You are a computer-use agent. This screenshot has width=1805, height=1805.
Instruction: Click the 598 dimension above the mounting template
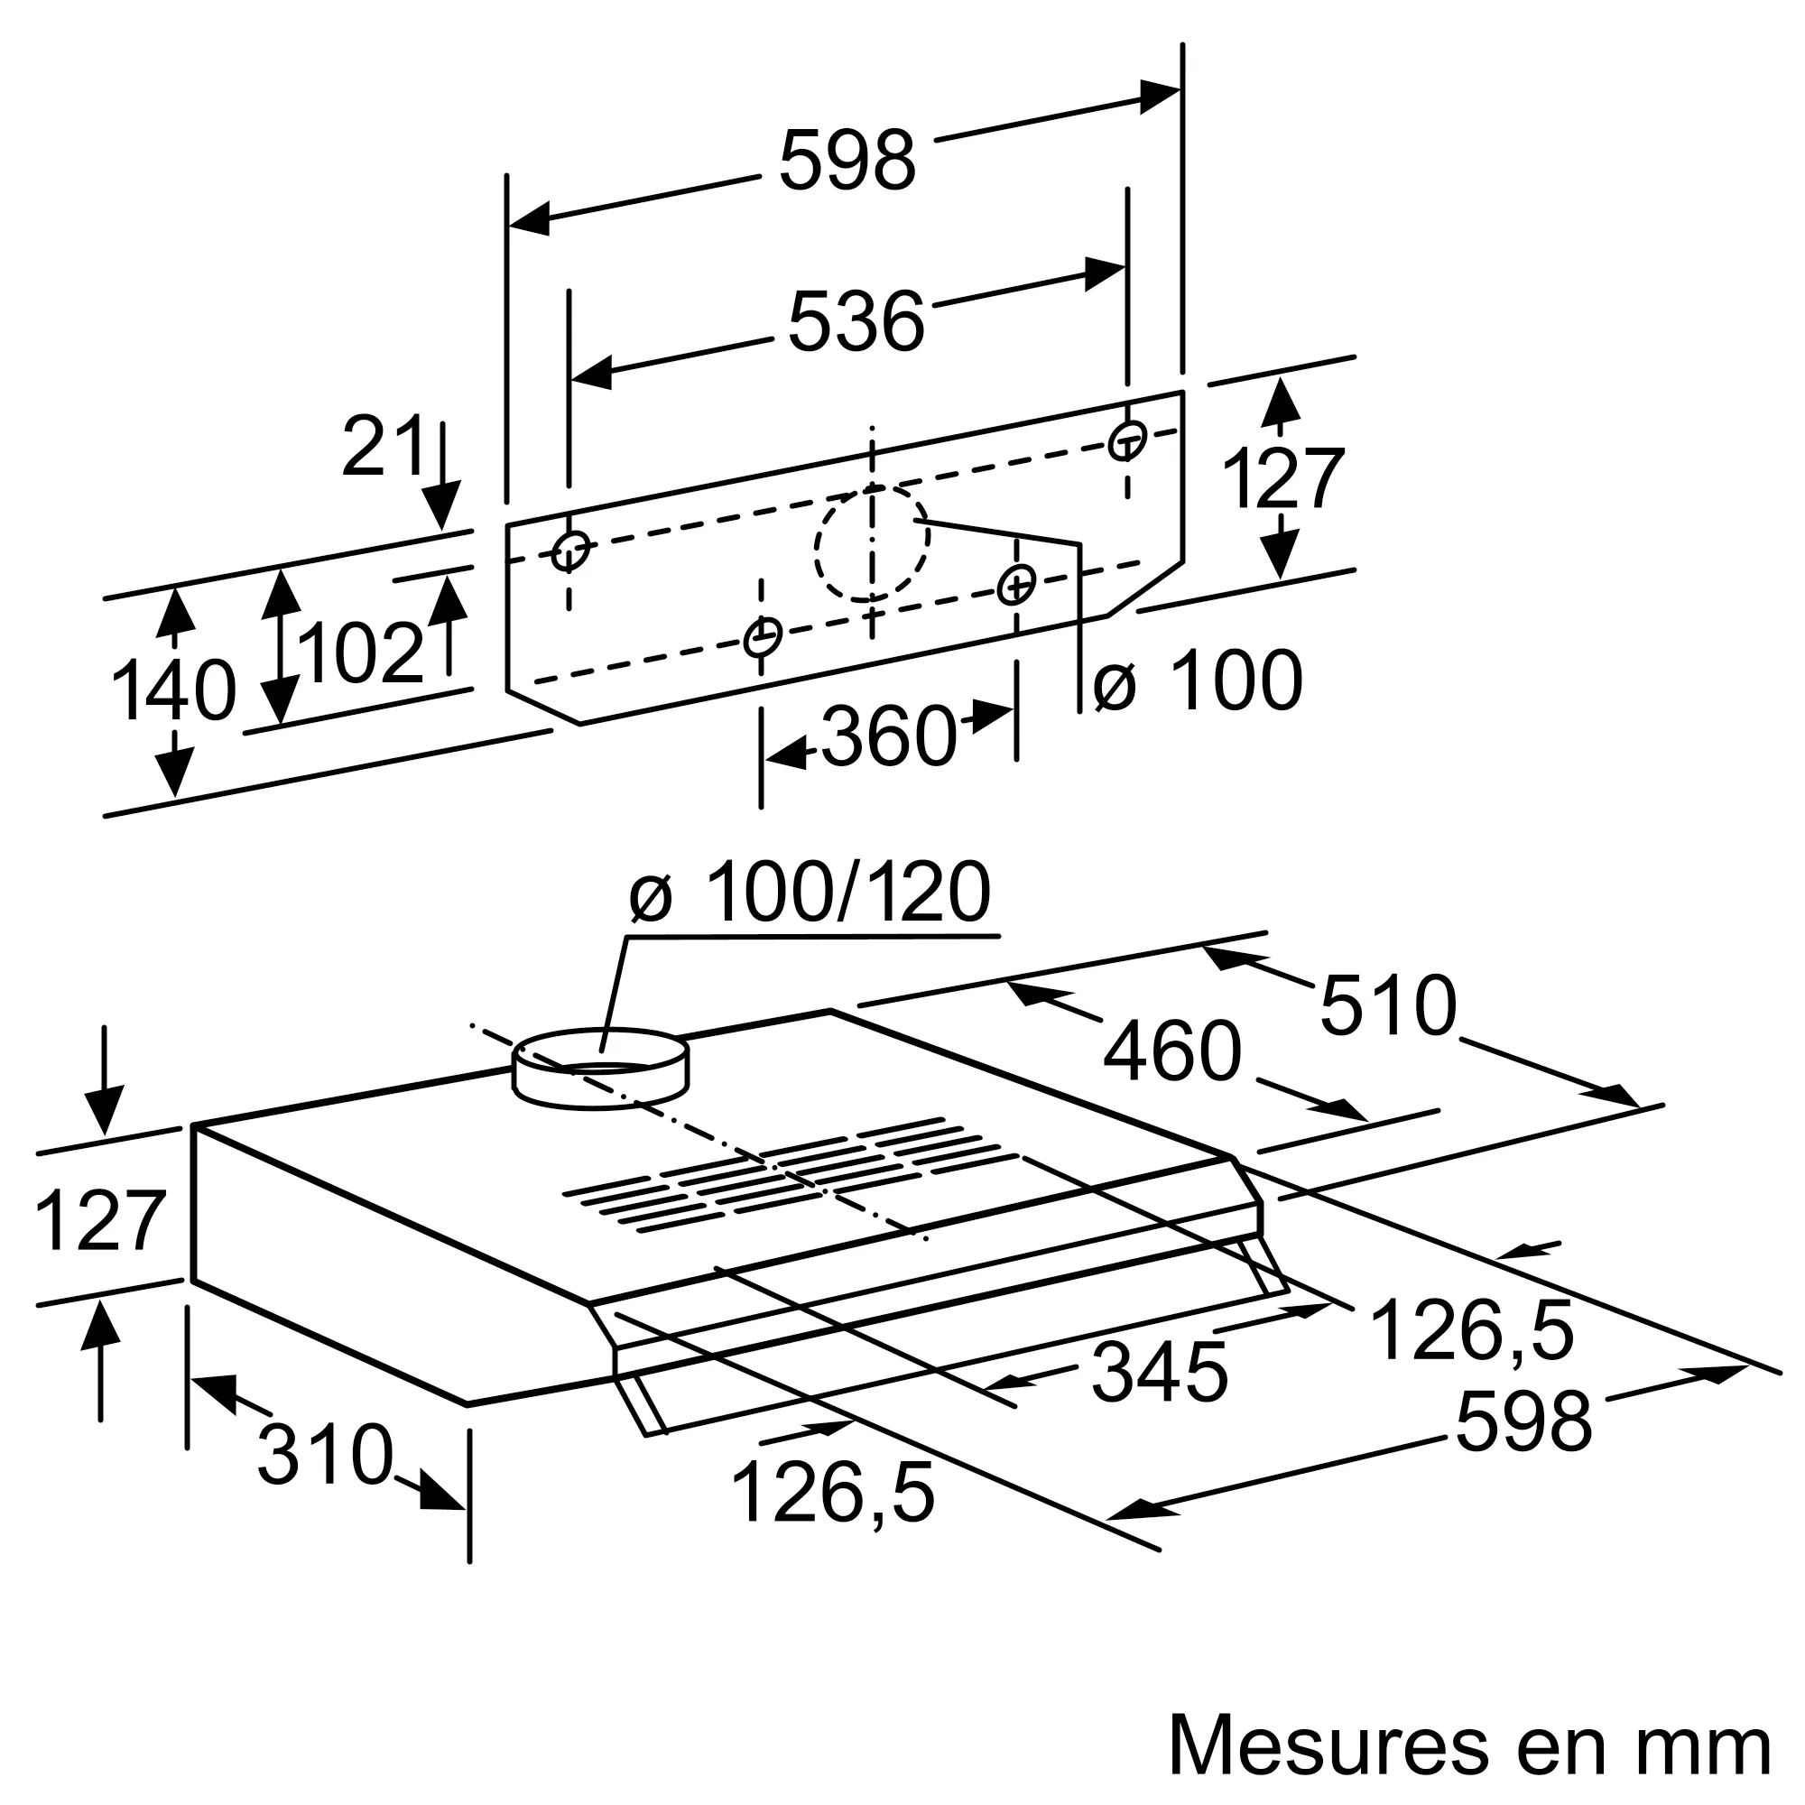[x=847, y=161]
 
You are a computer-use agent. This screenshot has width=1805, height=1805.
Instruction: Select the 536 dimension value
[x=856, y=321]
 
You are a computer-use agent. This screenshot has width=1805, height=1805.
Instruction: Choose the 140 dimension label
[x=174, y=691]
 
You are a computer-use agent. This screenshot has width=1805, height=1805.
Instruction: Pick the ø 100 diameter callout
[x=1198, y=681]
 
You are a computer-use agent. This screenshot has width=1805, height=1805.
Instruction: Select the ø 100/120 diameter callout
[x=809, y=893]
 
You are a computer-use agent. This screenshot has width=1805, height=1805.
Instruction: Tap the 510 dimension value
[x=1387, y=1005]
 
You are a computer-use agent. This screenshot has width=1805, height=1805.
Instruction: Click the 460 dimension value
[x=1171, y=1051]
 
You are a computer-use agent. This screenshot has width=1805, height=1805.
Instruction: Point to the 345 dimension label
[x=1159, y=1373]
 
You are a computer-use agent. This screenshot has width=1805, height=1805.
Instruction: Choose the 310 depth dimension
[x=324, y=1454]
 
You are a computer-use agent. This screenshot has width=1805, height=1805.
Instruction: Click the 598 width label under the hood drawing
[x=1523, y=1422]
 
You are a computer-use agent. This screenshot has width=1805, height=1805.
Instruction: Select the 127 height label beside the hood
[x=100, y=1221]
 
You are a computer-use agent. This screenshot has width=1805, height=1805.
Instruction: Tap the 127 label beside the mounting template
[x=1282, y=478]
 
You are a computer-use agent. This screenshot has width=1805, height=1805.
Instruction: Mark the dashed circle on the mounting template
[x=871, y=541]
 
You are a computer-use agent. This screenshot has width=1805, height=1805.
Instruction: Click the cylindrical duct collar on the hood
[x=600, y=1069]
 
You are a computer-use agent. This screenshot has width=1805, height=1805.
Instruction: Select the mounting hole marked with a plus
[x=1015, y=586]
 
